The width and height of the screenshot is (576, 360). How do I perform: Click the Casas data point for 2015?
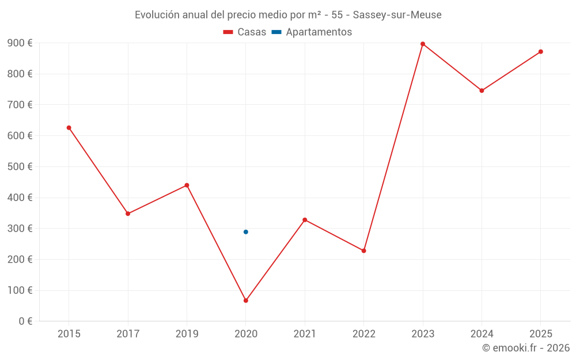point(69,128)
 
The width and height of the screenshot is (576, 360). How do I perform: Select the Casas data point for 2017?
point(128,214)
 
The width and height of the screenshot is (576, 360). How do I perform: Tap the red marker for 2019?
point(187,185)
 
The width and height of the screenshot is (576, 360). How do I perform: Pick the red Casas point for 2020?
point(246,301)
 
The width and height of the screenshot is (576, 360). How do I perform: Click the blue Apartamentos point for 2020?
point(246,232)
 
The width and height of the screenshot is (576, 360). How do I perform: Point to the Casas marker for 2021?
point(305,220)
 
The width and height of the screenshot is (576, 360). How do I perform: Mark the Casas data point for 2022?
point(363,251)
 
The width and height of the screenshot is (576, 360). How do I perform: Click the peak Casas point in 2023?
point(423,44)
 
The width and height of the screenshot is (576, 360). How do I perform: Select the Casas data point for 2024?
point(482,90)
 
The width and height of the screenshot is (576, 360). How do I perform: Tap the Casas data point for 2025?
point(540,52)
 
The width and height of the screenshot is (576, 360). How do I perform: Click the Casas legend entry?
point(245,32)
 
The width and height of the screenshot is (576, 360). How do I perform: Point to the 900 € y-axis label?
point(20,43)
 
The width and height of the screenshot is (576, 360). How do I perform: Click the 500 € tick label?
point(20,166)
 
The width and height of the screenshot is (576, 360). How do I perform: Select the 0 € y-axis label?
point(25,321)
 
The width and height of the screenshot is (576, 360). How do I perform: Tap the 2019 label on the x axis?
point(187,334)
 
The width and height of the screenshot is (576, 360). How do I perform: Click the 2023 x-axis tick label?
point(423,334)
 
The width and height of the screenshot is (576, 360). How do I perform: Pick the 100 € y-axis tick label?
point(20,290)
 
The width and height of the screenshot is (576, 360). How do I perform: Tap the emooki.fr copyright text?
point(526,348)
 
